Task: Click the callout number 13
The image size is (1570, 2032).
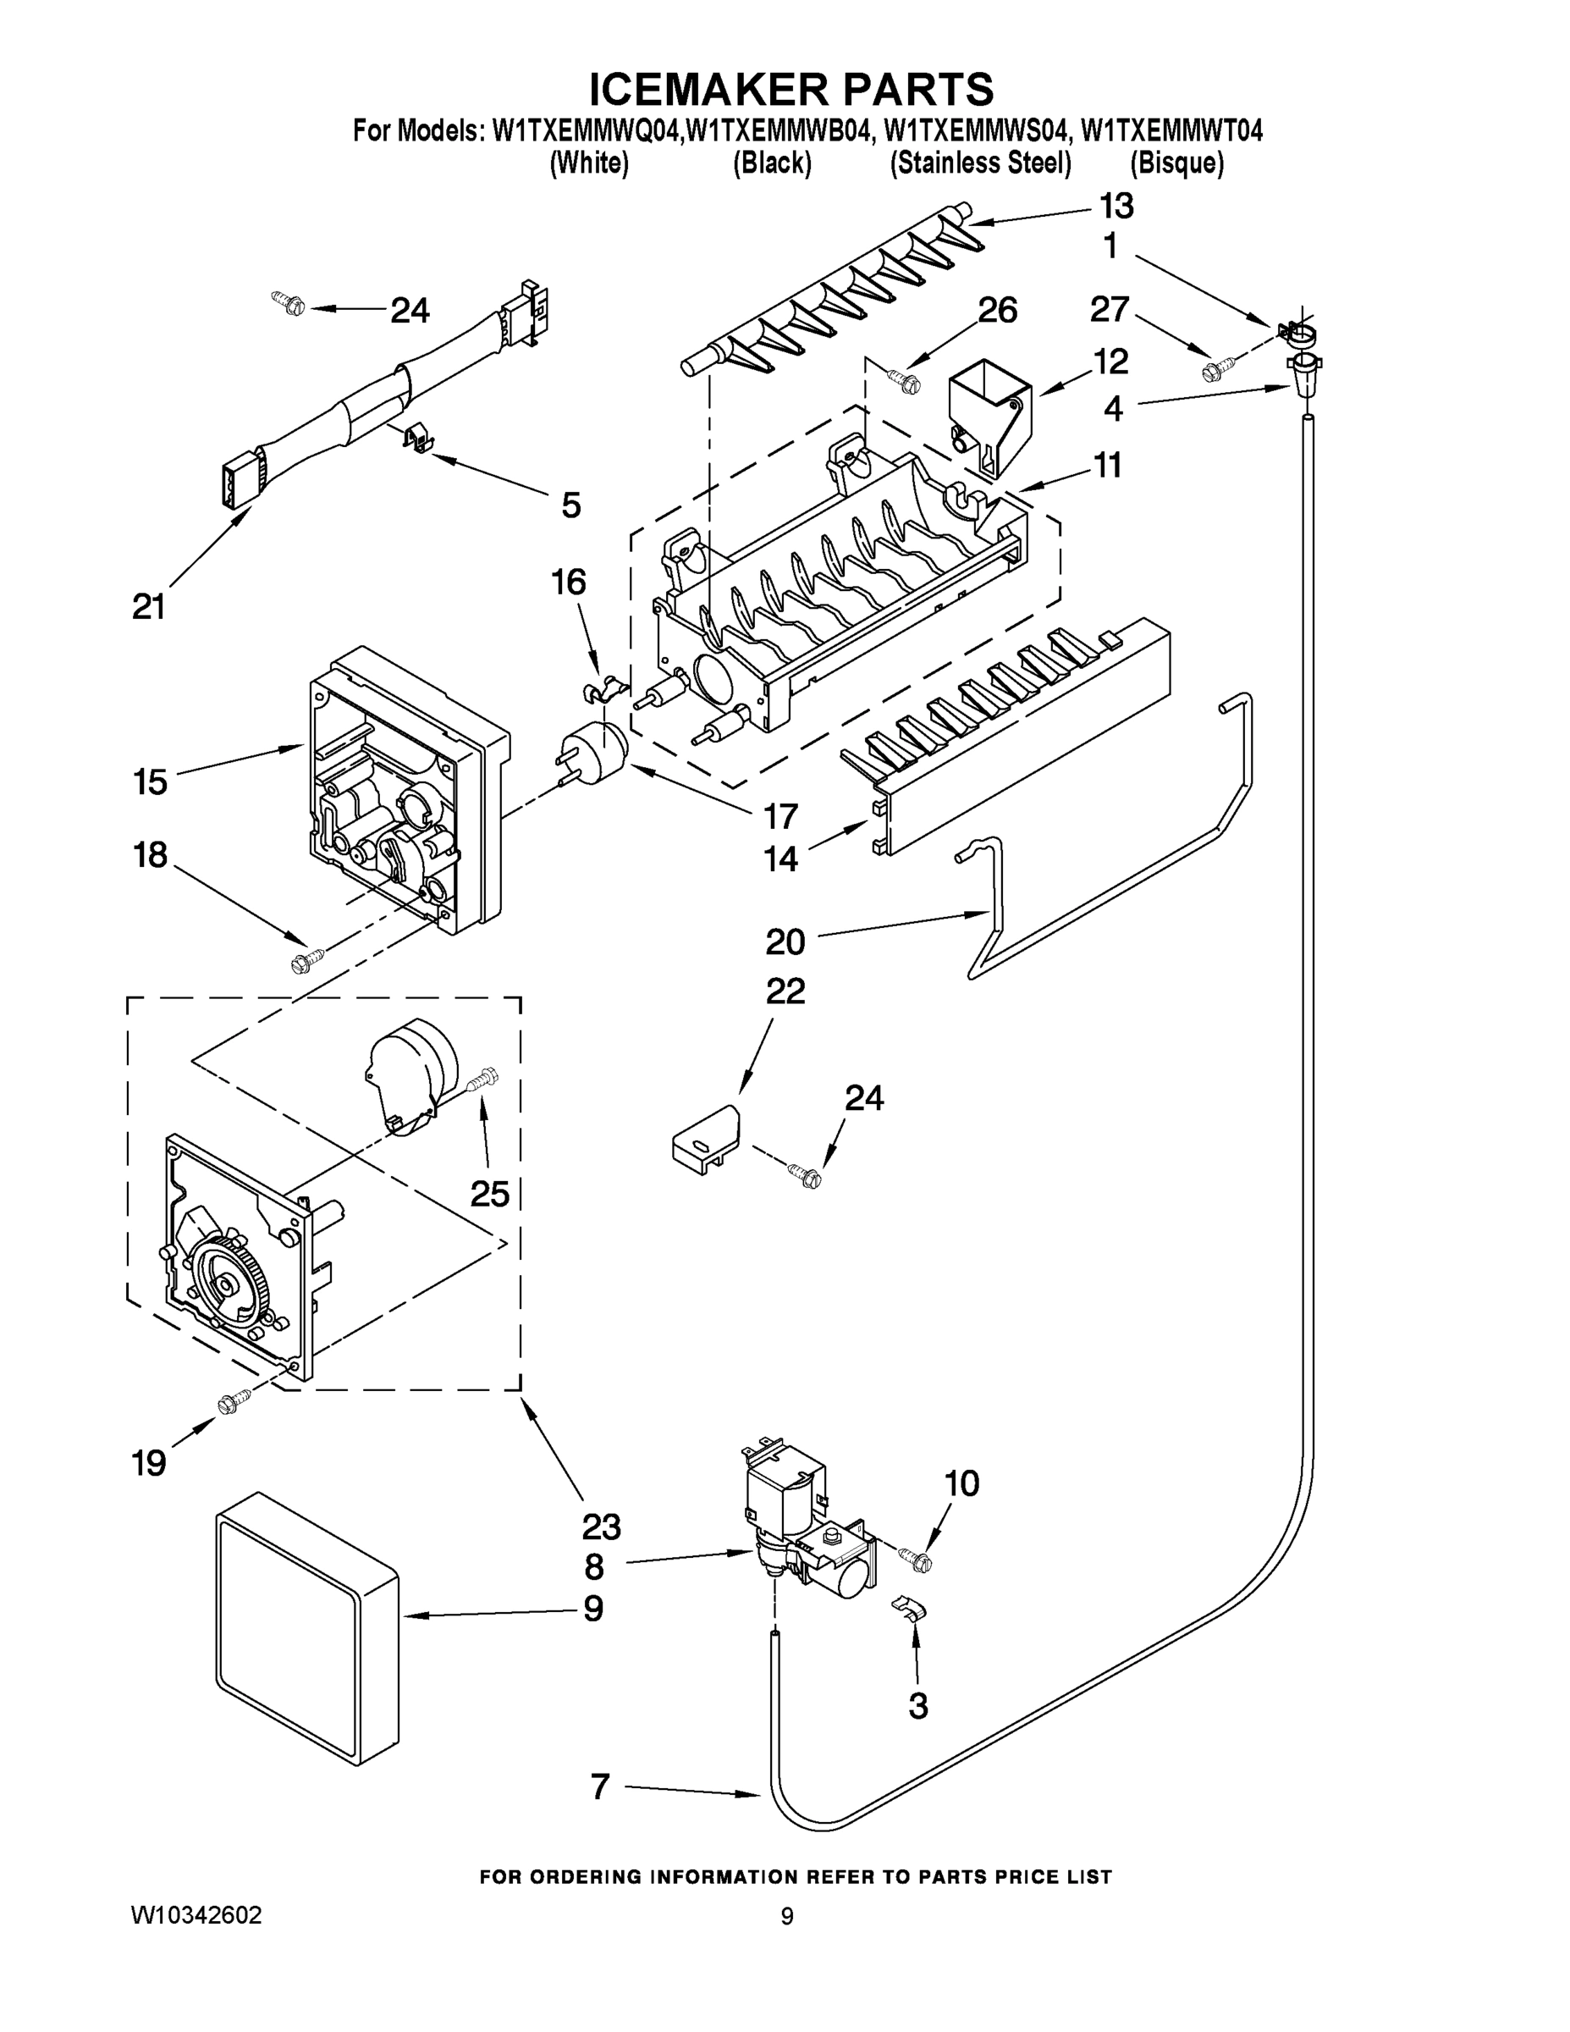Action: tap(1116, 207)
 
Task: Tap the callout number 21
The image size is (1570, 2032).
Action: tap(149, 606)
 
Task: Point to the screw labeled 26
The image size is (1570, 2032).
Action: tap(904, 378)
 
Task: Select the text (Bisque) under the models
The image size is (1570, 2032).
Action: tap(1176, 163)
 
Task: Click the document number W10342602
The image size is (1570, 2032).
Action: tap(196, 1916)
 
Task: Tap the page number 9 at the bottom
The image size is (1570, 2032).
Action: tap(787, 1917)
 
